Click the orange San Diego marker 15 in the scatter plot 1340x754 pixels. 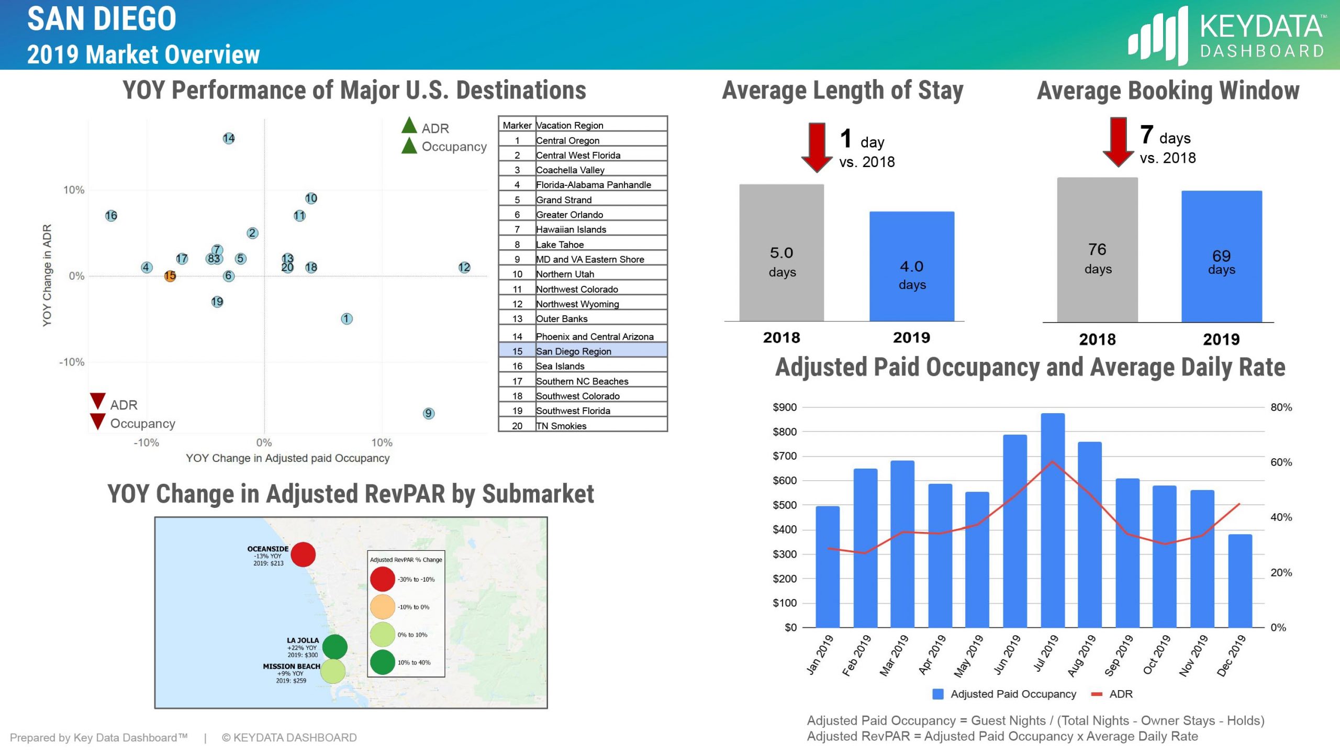(x=170, y=276)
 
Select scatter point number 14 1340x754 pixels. (x=229, y=138)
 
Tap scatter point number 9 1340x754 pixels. (x=428, y=413)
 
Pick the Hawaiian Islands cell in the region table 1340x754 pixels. (x=571, y=229)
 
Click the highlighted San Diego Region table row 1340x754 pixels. (x=583, y=351)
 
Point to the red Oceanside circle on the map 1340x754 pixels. (x=303, y=555)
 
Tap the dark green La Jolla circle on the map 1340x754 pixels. (x=335, y=647)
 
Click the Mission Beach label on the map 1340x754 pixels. (x=291, y=666)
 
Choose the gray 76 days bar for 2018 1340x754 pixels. (x=1097, y=250)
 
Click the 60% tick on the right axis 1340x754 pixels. (x=1281, y=462)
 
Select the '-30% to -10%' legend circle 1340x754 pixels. (x=382, y=579)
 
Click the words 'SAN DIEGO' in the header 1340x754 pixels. (x=102, y=19)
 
